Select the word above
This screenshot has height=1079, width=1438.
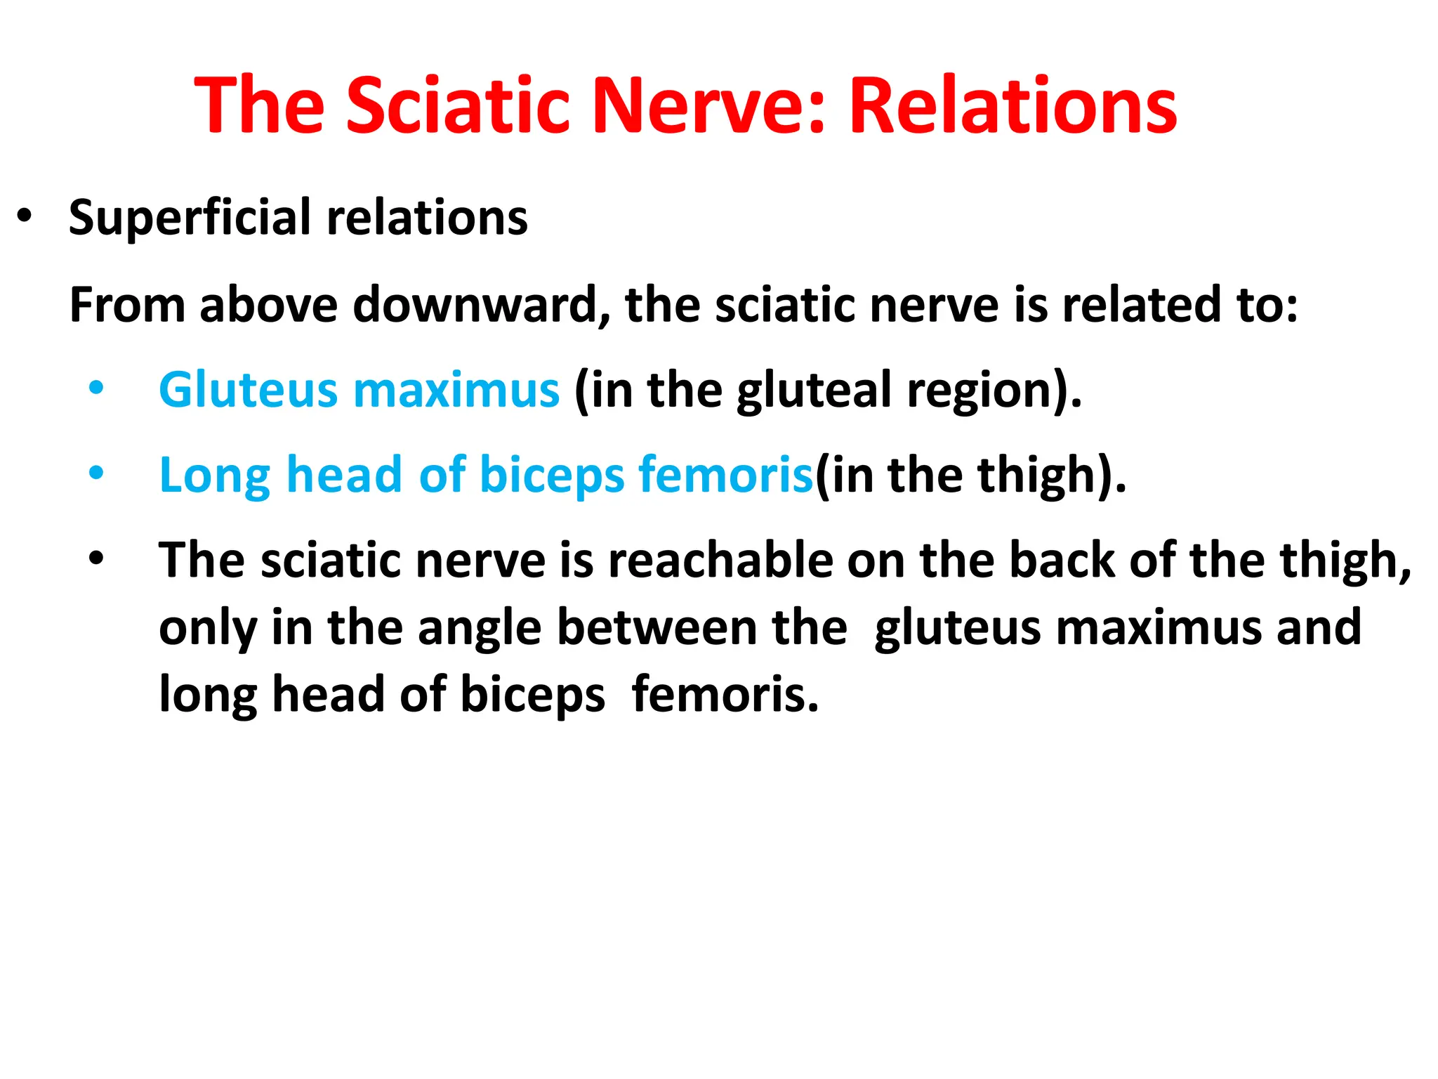[x=268, y=305]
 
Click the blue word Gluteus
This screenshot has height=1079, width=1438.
[x=249, y=390]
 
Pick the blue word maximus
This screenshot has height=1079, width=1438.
[x=456, y=390]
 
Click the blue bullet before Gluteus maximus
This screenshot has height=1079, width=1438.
[x=96, y=388]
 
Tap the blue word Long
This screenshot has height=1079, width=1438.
[x=214, y=476]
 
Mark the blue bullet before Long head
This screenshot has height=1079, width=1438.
[x=96, y=473]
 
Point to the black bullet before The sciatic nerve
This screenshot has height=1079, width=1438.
[x=96, y=559]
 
